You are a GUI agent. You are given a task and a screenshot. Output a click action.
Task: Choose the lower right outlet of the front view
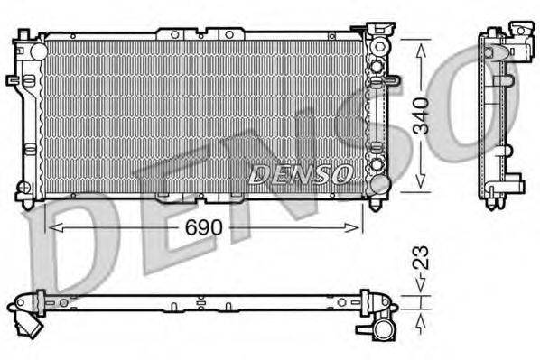coord(380,184)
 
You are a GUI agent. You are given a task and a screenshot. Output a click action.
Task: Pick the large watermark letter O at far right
coord(492,99)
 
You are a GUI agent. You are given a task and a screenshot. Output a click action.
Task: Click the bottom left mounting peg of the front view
coord(24,190)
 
